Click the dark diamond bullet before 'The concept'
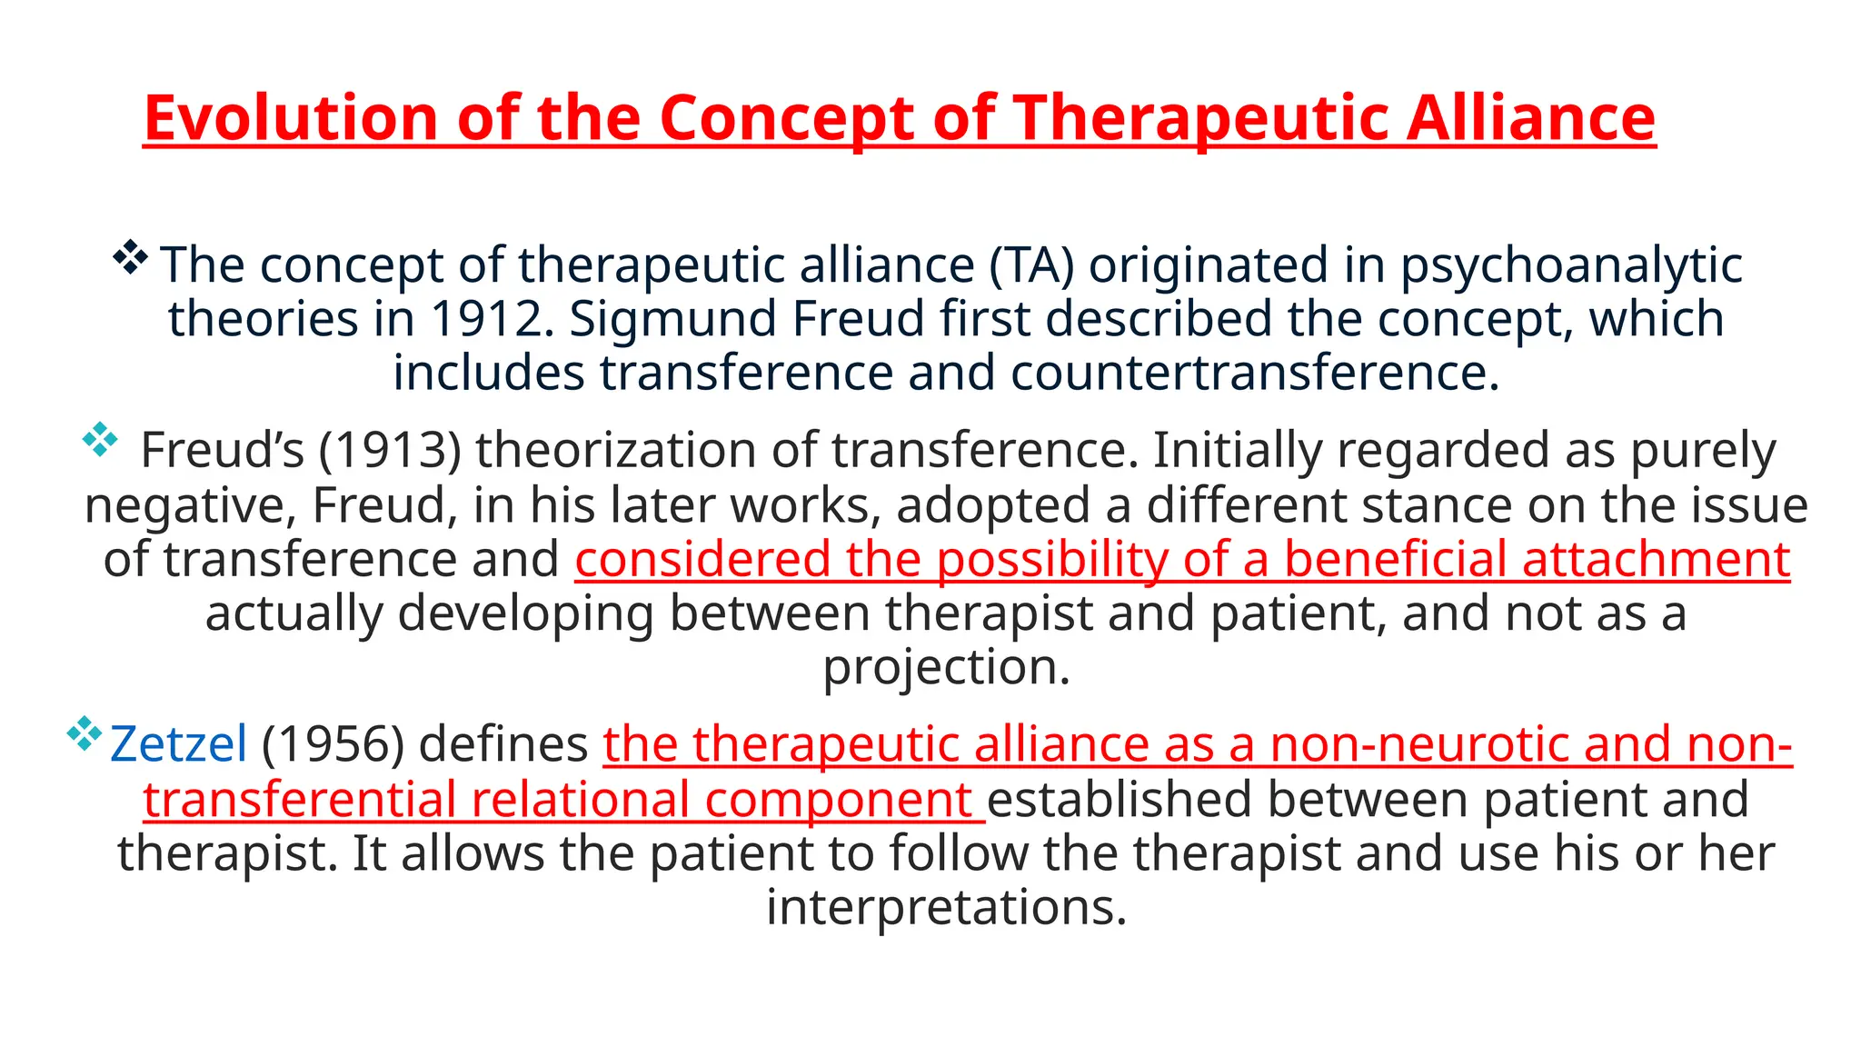[131, 258]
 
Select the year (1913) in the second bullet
[390, 450]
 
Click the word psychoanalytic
[1570, 265]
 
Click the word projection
[945, 667]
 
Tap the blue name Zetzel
[178, 744]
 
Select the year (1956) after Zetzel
[333, 744]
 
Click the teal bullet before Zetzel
[85, 733]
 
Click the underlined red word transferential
[299, 800]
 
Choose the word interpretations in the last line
[945, 907]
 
